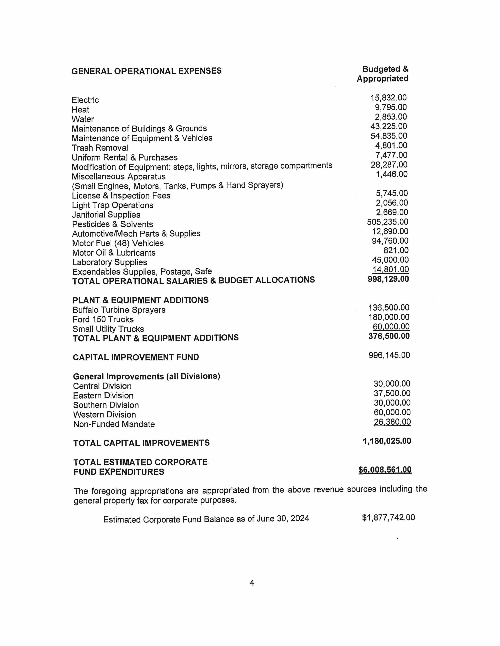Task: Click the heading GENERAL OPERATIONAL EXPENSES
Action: pos(146,71)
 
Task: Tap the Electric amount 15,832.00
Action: pos(388,98)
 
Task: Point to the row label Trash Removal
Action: pos(100,148)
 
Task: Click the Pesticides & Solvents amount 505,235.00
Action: pos(387,222)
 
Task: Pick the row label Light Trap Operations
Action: pos(113,205)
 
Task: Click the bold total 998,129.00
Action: pos(388,279)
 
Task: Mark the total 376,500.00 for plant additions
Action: pos(389,336)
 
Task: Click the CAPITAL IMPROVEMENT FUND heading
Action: pos(136,357)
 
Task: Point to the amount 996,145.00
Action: pos(389,355)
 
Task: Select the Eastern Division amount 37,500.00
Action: pos(392,393)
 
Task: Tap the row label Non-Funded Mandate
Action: pos(114,424)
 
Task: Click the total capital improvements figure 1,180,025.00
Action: pos(387,441)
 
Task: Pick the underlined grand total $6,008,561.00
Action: pos(385,470)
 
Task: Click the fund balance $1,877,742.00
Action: pos(388,517)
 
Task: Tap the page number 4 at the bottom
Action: pos(252,583)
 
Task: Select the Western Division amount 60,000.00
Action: pos(392,412)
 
